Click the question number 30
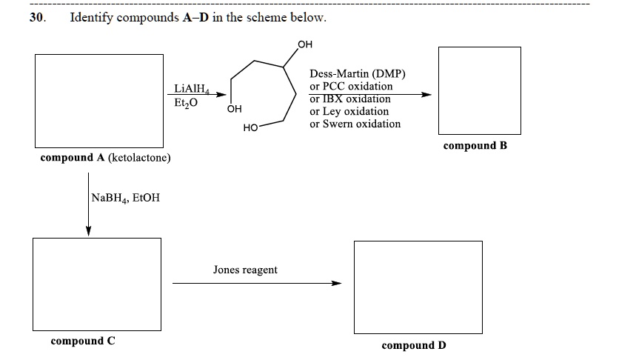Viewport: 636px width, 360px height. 37,18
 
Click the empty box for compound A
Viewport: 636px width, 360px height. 99,101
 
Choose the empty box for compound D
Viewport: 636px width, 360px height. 418,287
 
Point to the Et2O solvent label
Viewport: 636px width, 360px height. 187,103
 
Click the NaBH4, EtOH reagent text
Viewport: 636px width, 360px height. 126,198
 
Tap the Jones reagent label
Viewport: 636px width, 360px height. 245,270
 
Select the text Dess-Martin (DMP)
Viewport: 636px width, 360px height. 358,74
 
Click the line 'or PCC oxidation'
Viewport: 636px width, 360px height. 352,87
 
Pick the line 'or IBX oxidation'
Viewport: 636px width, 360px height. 350,99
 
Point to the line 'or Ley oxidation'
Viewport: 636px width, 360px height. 349,111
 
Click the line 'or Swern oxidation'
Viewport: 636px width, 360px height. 355,124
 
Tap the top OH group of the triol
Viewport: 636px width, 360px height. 304,44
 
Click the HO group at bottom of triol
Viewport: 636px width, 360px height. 250,129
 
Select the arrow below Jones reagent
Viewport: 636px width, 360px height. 257,282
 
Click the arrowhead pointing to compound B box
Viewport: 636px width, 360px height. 426,95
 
